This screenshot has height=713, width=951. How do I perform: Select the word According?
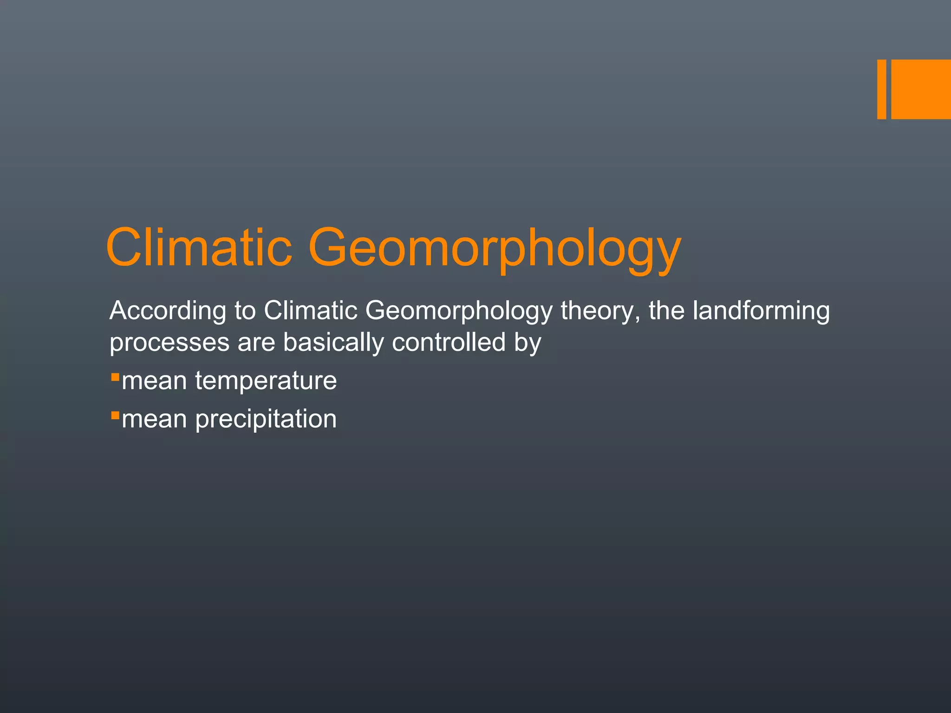point(168,311)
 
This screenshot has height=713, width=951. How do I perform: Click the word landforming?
point(761,311)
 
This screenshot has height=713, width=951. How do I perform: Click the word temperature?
point(266,381)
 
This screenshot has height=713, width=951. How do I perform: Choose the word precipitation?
point(266,419)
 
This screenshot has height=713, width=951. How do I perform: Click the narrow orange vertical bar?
point(881,89)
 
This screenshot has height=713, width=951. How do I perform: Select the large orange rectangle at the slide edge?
point(921,89)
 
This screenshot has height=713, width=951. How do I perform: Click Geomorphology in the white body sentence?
point(459,311)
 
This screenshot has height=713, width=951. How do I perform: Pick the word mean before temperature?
point(154,381)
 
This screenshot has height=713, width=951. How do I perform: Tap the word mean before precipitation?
point(154,419)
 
